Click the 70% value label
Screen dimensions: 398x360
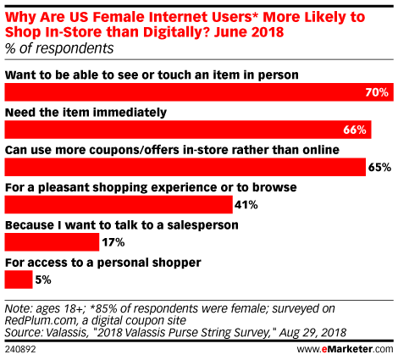click(x=377, y=92)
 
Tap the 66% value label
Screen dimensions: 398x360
click(x=355, y=130)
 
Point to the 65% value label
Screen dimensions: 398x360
click(x=379, y=168)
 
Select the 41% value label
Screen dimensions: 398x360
click(x=246, y=205)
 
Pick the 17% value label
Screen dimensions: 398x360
click(x=113, y=242)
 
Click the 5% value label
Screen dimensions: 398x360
click(x=43, y=280)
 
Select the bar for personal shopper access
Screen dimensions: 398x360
click(x=19, y=280)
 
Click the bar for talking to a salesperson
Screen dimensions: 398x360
click(x=52, y=242)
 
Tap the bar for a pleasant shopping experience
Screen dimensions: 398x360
click(x=119, y=205)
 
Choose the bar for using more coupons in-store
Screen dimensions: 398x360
click(x=185, y=167)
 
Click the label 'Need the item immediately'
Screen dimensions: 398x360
click(x=86, y=113)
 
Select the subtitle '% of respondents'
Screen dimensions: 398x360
click(x=59, y=48)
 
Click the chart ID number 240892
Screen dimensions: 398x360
click(x=20, y=350)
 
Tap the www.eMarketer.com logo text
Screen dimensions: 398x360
click(x=345, y=349)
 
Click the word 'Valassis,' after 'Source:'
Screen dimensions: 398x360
click(x=66, y=333)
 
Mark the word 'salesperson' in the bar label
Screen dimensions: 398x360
click(x=202, y=225)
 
